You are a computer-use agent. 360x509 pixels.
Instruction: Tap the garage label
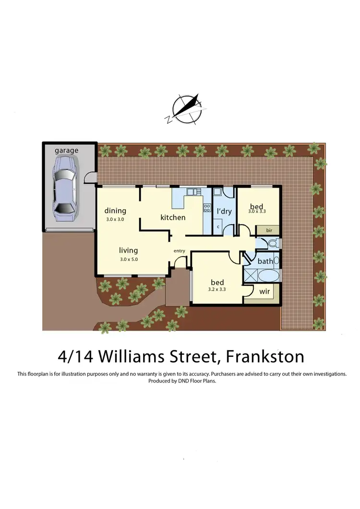[66, 151]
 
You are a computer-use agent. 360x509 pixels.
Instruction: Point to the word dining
[115, 211]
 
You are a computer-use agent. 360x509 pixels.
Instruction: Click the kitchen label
[173, 217]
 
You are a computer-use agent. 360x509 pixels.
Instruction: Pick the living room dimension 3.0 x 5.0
[128, 259]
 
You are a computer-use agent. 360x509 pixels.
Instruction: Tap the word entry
[179, 251]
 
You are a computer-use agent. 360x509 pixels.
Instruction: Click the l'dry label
[224, 212]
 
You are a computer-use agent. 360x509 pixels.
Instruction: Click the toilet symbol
[272, 243]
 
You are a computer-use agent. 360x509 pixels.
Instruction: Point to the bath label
[265, 261]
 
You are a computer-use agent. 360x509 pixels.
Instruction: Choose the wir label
[264, 292]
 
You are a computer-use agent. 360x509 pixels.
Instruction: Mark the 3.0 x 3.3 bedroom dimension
[257, 211]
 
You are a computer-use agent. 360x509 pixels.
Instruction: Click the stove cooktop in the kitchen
[207, 208]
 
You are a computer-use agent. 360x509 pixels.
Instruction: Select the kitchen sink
[192, 192]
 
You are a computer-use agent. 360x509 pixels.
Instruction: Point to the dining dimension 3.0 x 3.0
[115, 219]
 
